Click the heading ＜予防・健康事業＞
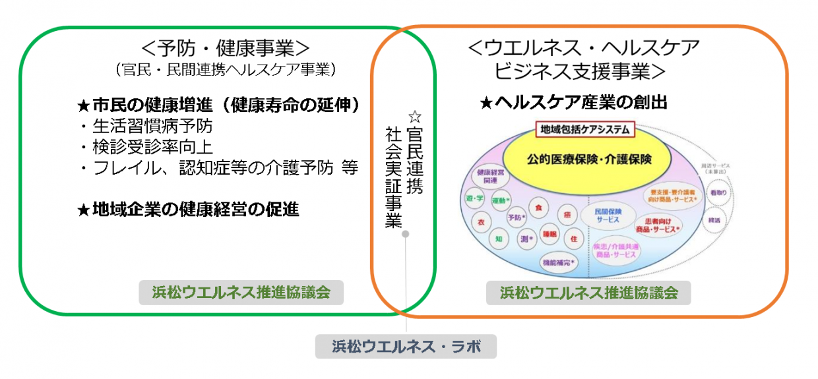(x=225, y=48)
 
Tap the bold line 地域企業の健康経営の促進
(x=189, y=210)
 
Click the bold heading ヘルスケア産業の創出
(x=574, y=102)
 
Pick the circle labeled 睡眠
(x=550, y=234)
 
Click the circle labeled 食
(x=538, y=208)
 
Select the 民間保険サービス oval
(x=608, y=215)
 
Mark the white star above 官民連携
(x=414, y=117)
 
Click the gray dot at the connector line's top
(x=406, y=234)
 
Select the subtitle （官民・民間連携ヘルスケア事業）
(x=225, y=69)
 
